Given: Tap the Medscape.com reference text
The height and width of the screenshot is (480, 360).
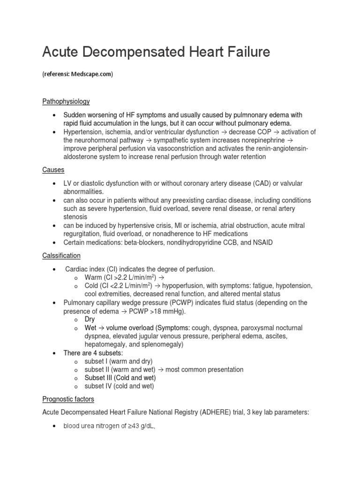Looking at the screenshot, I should (x=92, y=74).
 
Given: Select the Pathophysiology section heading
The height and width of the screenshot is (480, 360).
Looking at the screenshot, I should (x=66, y=101).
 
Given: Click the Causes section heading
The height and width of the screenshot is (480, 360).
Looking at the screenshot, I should (x=53, y=169).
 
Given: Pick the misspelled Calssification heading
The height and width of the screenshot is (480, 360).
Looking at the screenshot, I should (x=61, y=255).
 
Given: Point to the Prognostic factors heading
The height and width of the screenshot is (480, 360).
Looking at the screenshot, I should (x=68, y=399).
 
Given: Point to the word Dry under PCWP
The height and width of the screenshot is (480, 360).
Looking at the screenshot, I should (x=90, y=319).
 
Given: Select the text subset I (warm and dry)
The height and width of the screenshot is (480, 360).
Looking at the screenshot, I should (x=119, y=361).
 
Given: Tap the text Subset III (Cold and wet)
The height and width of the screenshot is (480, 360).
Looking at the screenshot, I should (x=120, y=378).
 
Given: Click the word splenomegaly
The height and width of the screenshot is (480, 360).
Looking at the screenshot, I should (x=160, y=345).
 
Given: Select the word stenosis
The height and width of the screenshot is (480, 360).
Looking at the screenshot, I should (x=75, y=217).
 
